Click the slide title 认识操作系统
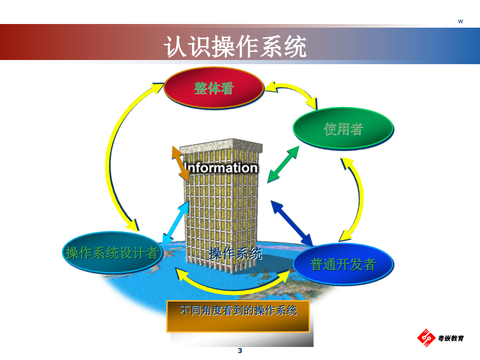(x=235, y=46)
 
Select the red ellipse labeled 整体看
(x=214, y=88)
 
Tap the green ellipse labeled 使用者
(x=343, y=128)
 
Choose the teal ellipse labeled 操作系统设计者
(x=112, y=253)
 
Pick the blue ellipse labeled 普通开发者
(x=343, y=264)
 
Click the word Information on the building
(x=221, y=168)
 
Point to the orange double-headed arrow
(x=181, y=164)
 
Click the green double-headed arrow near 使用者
(x=283, y=164)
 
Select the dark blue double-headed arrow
(x=292, y=223)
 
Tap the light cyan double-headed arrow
(x=175, y=223)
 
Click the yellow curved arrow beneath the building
(x=233, y=290)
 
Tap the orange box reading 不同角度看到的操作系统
(x=238, y=316)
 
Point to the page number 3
(x=240, y=351)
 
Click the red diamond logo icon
(x=426, y=338)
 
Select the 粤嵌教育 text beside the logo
(x=451, y=338)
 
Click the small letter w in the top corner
(x=460, y=21)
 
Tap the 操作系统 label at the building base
(x=235, y=254)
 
